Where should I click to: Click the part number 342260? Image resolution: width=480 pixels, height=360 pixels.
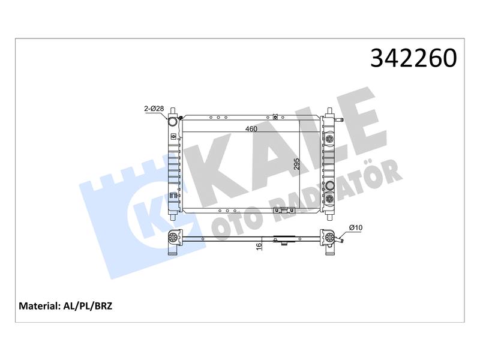coord(413,58)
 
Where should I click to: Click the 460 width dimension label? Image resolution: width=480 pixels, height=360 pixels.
coord(251,129)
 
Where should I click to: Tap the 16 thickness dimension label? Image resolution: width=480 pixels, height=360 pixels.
coord(259,246)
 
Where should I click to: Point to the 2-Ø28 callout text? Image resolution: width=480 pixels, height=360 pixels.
coord(154,109)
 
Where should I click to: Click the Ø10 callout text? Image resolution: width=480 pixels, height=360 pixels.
coord(356,227)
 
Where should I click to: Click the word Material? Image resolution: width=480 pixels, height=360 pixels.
coord(38,306)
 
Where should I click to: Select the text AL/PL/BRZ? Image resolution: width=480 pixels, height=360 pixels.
coord(88,306)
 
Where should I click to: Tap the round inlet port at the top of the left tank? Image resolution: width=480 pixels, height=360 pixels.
coord(173,122)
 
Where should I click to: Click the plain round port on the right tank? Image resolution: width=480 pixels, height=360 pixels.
coord(330,185)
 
